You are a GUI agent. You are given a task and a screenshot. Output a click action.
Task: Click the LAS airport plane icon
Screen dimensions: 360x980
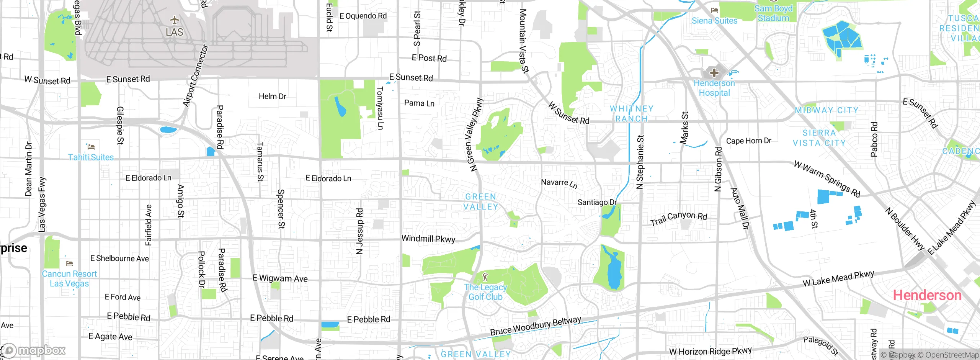pyautogui.click(x=175, y=20)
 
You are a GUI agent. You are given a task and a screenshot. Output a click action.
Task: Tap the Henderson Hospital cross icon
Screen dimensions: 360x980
pyautogui.click(x=714, y=72)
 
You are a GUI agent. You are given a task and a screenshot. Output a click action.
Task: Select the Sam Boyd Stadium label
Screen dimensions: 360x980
pyautogui.click(x=773, y=13)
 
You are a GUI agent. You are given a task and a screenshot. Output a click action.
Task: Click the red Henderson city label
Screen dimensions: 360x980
pyautogui.click(x=927, y=295)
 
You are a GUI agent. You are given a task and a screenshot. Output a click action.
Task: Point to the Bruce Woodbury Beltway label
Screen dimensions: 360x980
pyautogui.click(x=536, y=326)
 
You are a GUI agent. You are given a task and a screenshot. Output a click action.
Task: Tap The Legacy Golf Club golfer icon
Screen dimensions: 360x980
pyautogui.click(x=485, y=276)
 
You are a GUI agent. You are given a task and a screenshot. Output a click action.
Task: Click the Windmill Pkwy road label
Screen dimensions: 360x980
pyautogui.click(x=428, y=239)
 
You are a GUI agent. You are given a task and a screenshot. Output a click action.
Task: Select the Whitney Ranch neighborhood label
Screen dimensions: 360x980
pyautogui.click(x=632, y=114)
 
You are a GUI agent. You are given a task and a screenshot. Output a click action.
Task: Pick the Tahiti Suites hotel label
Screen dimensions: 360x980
pyautogui.click(x=91, y=157)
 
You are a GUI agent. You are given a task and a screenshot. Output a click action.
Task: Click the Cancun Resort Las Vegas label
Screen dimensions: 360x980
pyautogui.click(x=69, y=279)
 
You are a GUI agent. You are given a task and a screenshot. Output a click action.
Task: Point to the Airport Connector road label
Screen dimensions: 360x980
pyautogui.click(x=196, y=75)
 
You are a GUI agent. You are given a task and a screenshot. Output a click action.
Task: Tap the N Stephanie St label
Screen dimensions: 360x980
pyautogui.click(x=640, y=162)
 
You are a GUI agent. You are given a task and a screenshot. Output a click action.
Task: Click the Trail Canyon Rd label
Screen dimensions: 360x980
pyautogui.click(x=679, y=218)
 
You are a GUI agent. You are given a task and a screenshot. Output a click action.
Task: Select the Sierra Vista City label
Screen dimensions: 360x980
pyautogui.click(x=819, y=138)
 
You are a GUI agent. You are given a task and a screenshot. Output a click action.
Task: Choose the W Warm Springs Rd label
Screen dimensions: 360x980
pyautogui.click(x=827, y=179)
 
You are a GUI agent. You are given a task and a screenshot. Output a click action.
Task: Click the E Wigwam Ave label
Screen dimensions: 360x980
pyautogui.click(x=280, y=278)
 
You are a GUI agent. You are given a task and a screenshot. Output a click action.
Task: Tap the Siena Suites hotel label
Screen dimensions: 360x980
pyautogui.click(x=714, y=21)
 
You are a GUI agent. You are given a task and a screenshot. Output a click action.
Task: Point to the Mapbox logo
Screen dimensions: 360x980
pyautogui.click(x=34, y=350)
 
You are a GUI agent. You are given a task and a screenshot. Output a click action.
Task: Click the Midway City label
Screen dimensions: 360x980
pyautogui.click(x=826, y=110)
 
